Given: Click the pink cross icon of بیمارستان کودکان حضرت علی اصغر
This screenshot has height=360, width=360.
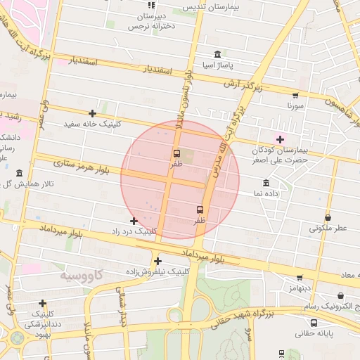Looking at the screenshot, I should coord(281,139).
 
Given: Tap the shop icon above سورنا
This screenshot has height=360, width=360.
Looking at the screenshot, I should coord(295,96).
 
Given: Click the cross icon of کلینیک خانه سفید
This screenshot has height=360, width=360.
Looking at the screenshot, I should coord(92,113).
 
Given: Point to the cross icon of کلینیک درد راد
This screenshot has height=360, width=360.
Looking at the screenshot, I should coord(134,221).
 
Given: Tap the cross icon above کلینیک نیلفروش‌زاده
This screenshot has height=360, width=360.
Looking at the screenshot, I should coord(157,261).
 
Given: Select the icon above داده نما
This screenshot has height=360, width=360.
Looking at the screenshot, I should coord(265,183).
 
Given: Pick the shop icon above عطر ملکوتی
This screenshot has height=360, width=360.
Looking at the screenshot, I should coord(328,218).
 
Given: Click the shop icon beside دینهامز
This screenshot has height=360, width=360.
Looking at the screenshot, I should coord(300,278).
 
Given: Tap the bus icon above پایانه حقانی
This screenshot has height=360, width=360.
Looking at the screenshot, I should coord(314,323).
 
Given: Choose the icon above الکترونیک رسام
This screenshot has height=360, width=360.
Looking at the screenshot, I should coord(341,296).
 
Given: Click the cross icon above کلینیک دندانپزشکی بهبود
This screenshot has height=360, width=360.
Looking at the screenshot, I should coord(43,303).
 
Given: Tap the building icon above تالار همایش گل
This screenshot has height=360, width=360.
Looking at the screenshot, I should coord(19,173).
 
